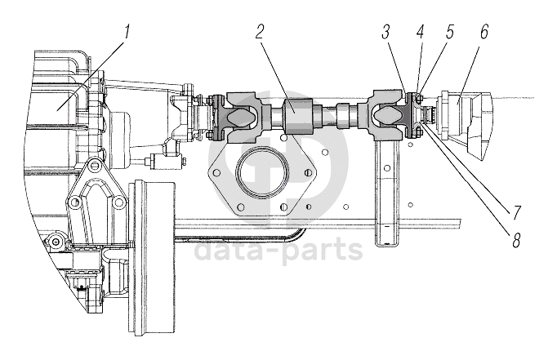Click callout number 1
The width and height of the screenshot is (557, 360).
126,33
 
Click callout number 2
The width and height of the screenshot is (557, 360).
260,33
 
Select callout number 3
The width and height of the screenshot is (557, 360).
386,33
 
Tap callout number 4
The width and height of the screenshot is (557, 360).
421,33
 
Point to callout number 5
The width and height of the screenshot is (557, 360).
450,33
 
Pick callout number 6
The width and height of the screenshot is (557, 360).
484,33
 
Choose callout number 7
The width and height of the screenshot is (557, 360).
516,212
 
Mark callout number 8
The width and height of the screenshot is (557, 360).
516,240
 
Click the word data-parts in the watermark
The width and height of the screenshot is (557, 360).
278,251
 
